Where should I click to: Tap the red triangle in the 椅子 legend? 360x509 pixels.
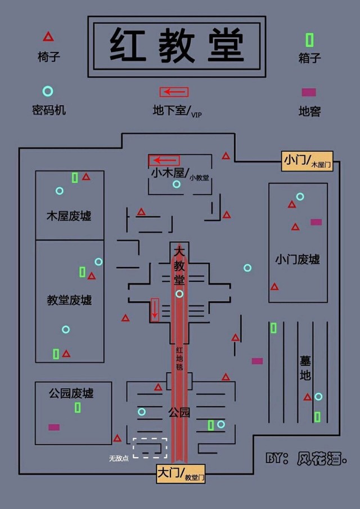48,37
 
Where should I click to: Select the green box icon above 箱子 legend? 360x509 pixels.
309,40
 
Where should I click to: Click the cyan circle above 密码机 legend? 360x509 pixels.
48,91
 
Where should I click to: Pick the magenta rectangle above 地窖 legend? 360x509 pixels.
309,92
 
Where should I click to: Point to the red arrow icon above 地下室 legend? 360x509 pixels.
174,92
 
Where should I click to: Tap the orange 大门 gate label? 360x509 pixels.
181,474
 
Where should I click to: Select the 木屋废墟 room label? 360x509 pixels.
69,216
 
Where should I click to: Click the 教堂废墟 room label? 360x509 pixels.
69,300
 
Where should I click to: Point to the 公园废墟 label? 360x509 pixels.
71,393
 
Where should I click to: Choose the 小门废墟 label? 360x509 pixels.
298,259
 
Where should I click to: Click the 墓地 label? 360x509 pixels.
305,368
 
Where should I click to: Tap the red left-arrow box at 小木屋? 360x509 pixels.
164,160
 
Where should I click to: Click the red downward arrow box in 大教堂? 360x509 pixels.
155,309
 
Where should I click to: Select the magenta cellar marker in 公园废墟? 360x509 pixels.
54,427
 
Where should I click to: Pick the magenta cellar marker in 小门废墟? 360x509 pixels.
316,222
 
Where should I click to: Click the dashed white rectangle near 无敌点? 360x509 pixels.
150,448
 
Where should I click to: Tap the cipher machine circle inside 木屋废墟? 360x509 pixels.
60,191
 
